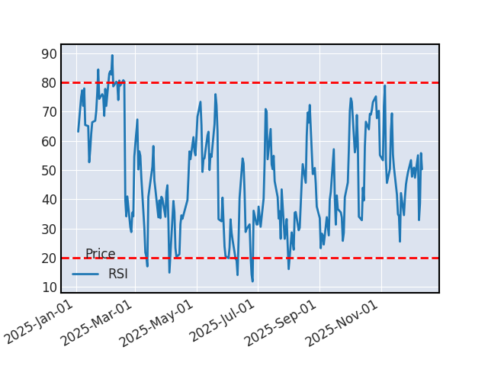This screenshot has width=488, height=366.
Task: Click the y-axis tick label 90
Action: point(49,54)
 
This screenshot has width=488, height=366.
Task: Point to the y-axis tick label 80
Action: point(49,83)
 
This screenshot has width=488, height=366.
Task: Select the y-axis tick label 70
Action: point(49,112)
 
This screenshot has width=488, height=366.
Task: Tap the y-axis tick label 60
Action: point(49,142)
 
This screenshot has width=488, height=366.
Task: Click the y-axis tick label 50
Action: point(49,171)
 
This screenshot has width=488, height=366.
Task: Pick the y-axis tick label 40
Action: point(49,200)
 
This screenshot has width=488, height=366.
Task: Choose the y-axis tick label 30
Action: point(49,230)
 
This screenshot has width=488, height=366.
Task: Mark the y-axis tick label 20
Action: point(49,258)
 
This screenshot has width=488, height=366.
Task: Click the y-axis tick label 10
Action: point(49,287)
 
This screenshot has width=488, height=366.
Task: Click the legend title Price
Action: point(100,255)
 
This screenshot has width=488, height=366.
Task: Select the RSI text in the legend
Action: point(118,274)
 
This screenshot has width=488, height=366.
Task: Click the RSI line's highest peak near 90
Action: point(112,56)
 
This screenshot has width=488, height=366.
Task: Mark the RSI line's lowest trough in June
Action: point(252,281)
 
